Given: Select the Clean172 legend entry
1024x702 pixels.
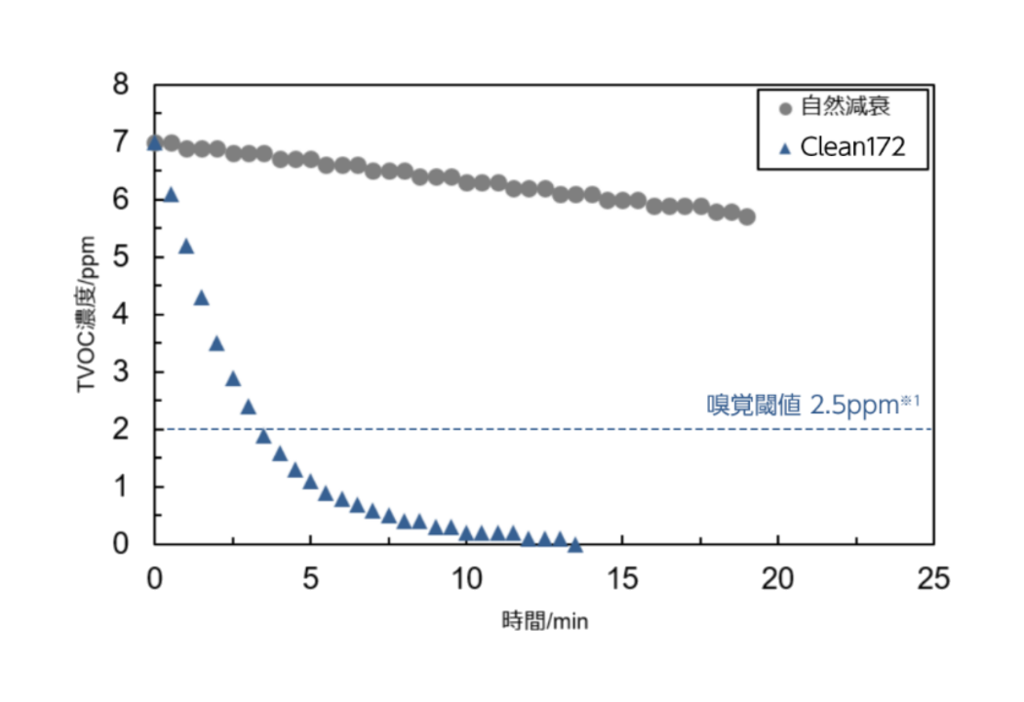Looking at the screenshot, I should pyautogui.click(x=852, y=148).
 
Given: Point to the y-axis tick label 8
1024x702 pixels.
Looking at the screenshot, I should pyautogui.click(x=120, y=85).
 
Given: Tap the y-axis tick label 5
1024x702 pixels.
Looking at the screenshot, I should pyautogui.click(x=120, y=257).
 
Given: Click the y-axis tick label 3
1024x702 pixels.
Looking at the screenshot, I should pyautogui.click(x=120, y=372).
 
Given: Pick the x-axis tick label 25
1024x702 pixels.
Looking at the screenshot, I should pyautogui.click(x=932, y=579).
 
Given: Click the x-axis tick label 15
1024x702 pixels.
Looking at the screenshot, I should pyautogui.click(x=621, y=579).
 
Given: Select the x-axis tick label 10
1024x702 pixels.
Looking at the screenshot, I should pyautogui.click(x=466, y=579).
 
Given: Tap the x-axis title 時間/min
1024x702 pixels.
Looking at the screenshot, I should pyautogui.click(x=544, y=621).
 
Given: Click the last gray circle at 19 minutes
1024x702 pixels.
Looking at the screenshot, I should pyautogui.click(x=747, y=216).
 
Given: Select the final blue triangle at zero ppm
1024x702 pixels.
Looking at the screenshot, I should pyautogui.click(x=575, y=545).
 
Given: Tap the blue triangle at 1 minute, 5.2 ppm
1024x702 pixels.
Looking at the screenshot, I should pyautogui.click(x=185, y=246).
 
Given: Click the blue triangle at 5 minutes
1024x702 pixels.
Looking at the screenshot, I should pyautogui.click(x=310, y=482).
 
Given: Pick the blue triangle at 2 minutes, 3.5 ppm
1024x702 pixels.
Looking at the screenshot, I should pyautogui.click(x=217, y=343).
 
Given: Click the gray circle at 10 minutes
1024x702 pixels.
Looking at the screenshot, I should pyautogui.click(x=466, y=182).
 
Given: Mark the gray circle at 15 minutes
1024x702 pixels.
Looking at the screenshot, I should pyautogui.click(x=622, y=200).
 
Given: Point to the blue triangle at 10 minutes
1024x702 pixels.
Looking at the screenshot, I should pyautogui.click(x=466, y=533).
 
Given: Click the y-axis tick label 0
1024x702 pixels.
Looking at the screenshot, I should pyautogui.click(x=120, y=544).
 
